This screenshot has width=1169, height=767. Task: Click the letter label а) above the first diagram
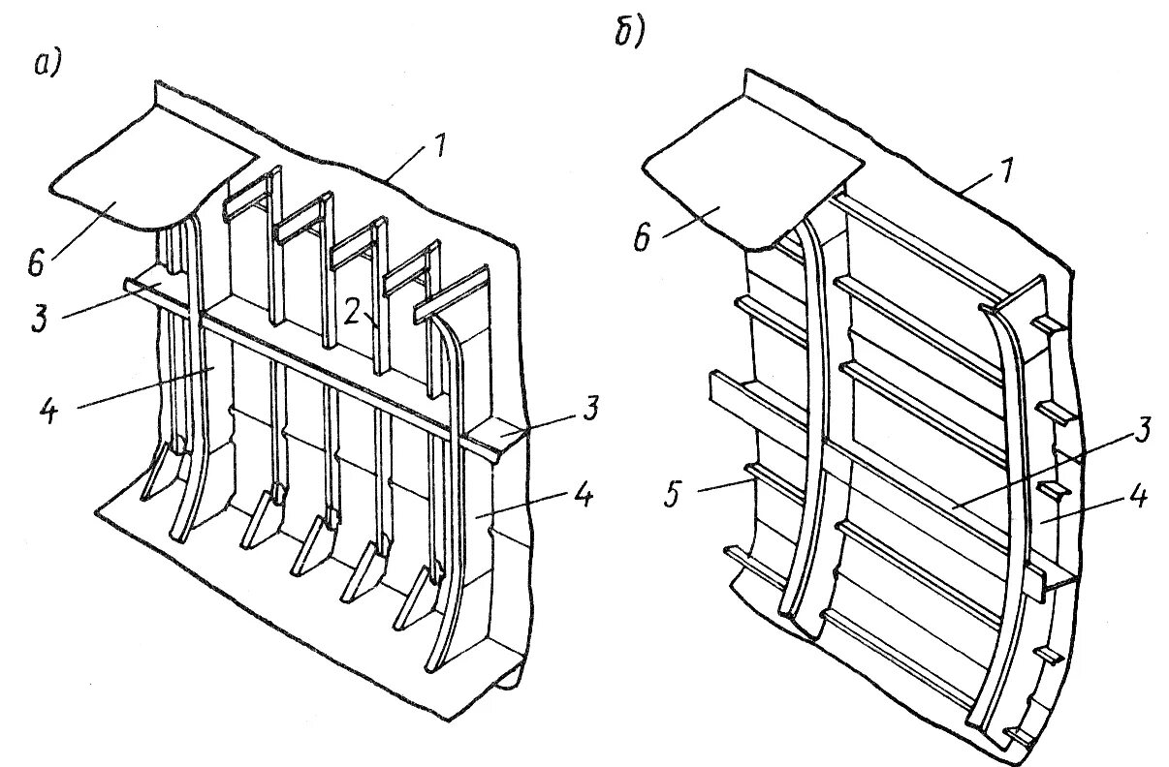tap(47, 64)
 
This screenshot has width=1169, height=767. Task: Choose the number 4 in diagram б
tap(1138, 498)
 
